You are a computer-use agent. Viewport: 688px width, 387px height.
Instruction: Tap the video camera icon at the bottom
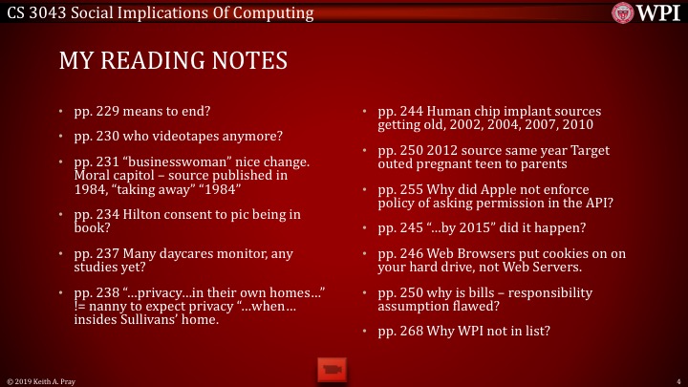pyautogui.click(x=331, y=368)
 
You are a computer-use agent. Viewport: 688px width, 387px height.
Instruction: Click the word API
pyautogui.click(x=568, y=204)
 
